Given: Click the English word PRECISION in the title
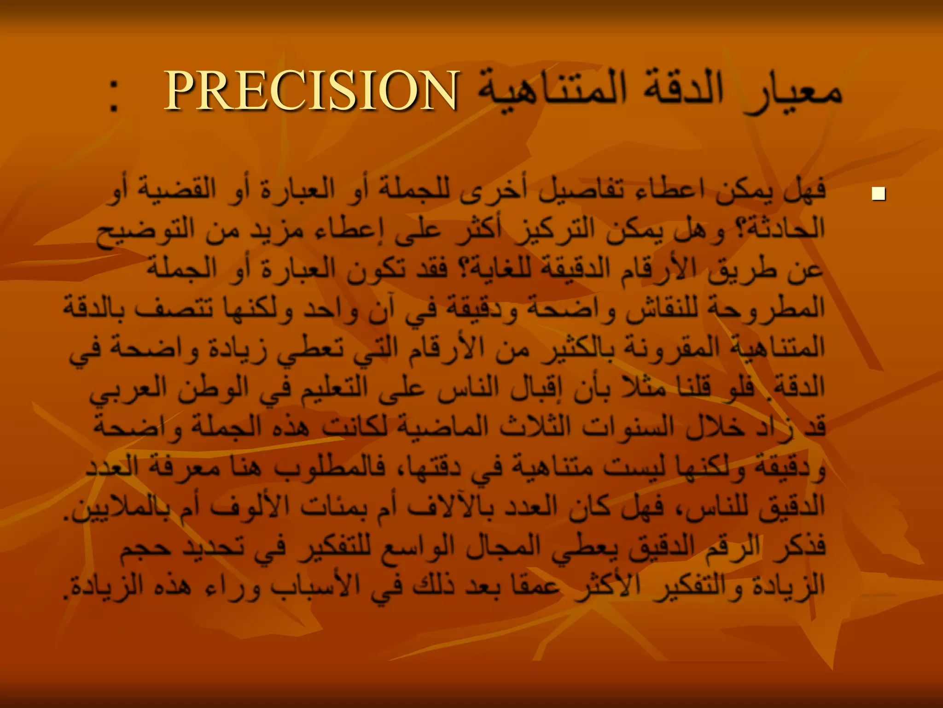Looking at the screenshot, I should click(311, 91).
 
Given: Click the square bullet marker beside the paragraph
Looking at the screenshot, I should click(878, 194).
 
